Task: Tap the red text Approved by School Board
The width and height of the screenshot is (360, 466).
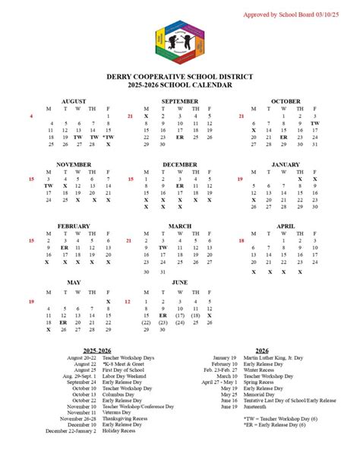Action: [299, 14]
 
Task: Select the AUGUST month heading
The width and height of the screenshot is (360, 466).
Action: [73, 101]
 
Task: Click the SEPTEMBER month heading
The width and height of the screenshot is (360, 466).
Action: [180, 101]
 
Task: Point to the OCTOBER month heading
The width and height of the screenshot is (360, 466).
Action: [286, 101]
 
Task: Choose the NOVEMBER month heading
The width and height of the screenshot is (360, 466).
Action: [73, 164]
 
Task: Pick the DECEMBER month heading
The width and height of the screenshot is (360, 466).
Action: [180, 164]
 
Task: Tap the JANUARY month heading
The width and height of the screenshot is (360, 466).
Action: [286, 164]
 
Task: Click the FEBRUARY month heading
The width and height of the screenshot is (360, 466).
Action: [73, 227]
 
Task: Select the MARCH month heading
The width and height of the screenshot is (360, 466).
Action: [180, 227]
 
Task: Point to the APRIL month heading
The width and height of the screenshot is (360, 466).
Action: [286, 227]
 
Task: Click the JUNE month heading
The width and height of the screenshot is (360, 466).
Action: [180, 282]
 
